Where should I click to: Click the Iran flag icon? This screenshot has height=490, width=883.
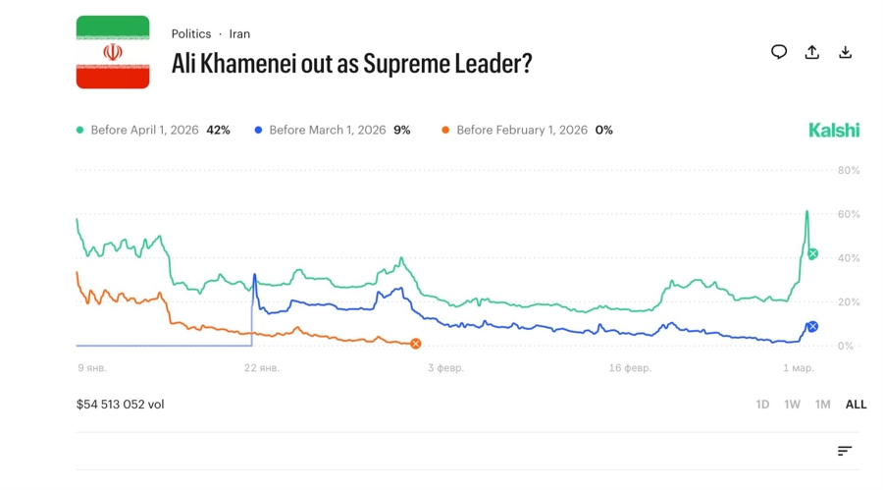tap(113, 52)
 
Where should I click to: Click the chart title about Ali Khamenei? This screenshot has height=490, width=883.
tap(351, 64)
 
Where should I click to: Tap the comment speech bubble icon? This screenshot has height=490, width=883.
tap(779, 52)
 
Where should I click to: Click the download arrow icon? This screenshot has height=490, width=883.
tap(845, 52)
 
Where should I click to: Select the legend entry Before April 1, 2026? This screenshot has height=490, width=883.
tap(153, 130)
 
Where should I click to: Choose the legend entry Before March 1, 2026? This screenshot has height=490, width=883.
tap(332, 130)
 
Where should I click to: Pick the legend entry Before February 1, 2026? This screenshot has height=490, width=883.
tap(527, 130)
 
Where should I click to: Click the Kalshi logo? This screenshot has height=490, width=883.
tap(834, 130)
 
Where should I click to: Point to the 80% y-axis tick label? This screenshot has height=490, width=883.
tap(849, 170)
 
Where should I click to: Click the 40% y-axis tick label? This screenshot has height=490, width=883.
tap(849, 258)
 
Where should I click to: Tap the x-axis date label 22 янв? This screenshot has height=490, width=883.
tap(262, 368)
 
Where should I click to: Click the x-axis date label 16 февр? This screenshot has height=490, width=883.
tap(630, 368)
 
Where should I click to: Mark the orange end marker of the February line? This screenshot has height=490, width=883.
tap(416, 344)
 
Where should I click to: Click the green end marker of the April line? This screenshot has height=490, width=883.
tap(812, 254)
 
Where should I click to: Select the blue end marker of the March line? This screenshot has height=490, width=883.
tap(812, 327)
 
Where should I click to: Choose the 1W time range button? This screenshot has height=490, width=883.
tap(792, 405)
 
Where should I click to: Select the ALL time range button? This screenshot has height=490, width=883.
tap(856, 405)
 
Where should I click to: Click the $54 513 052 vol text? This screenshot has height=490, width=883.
tap(121, 405)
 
